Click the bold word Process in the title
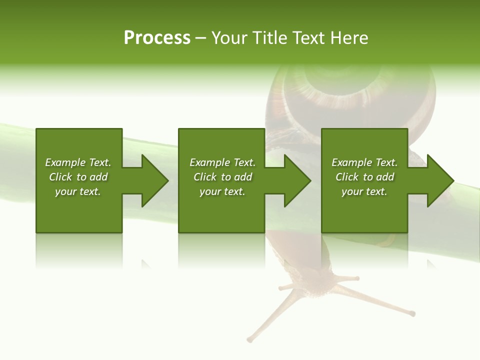[x=157, y=38]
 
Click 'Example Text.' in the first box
[x=78, y=162]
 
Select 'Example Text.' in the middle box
[x=222, y=162]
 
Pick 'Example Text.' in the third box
[x=364, y=162]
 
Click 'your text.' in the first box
[x=78, y=191]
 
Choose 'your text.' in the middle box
[x=222, y=191]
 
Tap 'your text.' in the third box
[x=364, y=191]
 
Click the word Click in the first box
[x=60, y=177]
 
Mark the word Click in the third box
[x=347, y=177]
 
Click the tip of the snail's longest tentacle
[x=412, y=314]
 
